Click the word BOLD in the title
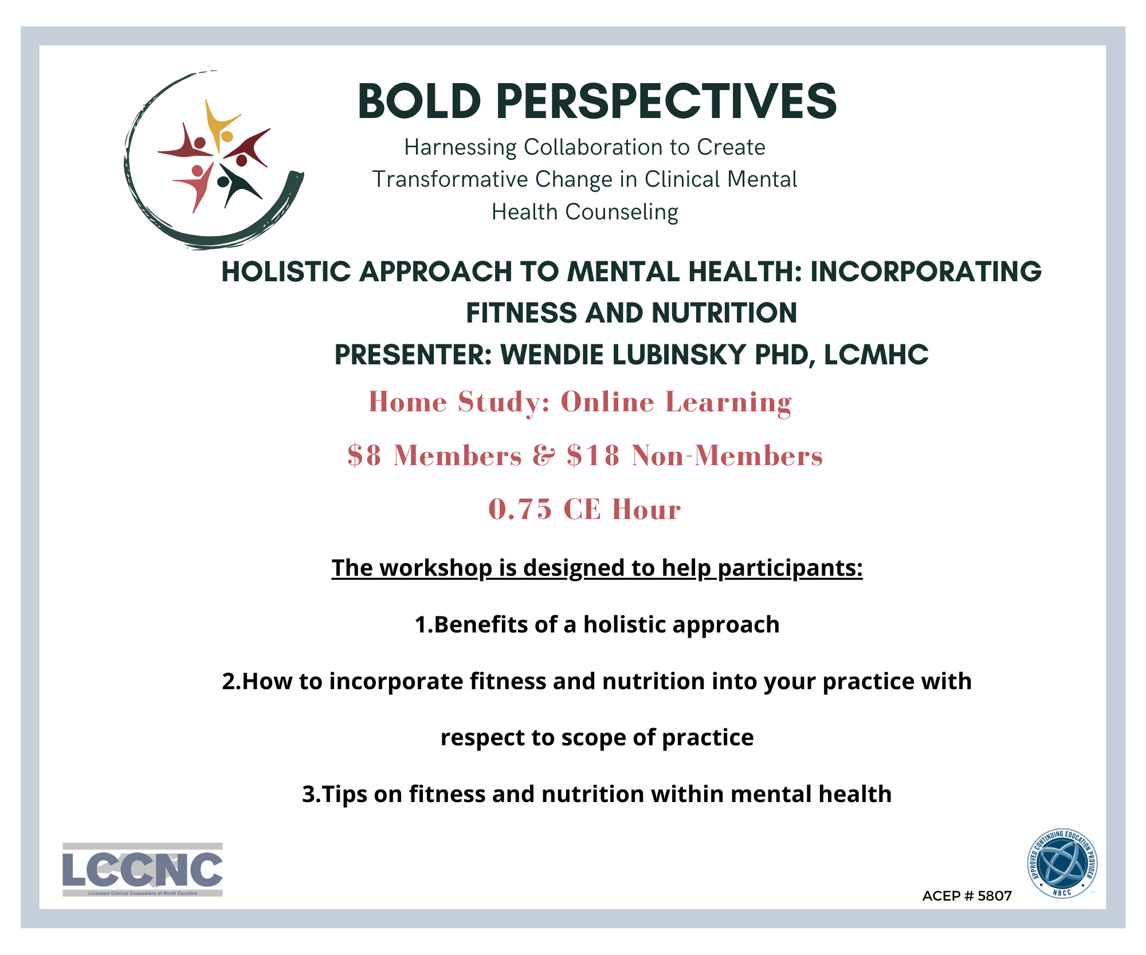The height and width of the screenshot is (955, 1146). pos(419,101)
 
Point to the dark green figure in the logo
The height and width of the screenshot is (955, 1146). pos(237,185)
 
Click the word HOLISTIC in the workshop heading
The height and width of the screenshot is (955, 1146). pos(286,272)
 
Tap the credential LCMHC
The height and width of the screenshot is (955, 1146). pos(876,355)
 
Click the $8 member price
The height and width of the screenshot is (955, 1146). pos(364,455)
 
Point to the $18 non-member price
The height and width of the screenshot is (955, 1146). pos(593,455)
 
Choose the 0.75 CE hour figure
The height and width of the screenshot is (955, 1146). pos(520,509)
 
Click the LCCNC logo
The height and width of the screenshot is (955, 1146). pos(143,870)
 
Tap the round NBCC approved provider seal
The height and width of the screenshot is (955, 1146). pos(1062,864)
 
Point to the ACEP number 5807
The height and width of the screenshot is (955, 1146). pos(995,896)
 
